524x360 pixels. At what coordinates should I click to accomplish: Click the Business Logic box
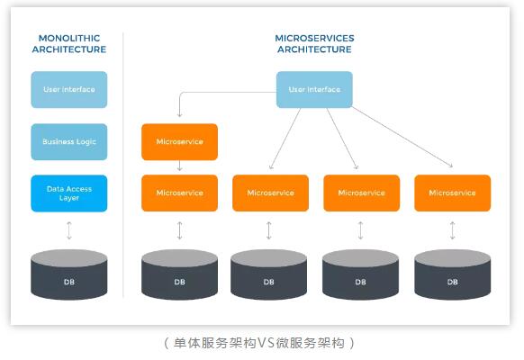[x=69, y=142]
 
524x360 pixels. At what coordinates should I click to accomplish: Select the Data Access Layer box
[x=69, y=193]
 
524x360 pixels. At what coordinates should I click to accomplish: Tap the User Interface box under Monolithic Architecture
[x=69, y=89]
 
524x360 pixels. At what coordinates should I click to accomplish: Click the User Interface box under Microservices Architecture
[x=314, y=89]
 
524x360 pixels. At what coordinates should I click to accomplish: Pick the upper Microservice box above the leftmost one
[x=180, y=142]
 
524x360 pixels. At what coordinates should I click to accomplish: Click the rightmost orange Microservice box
[x=453, y=193]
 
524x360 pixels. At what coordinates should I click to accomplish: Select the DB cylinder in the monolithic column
[x=69, y=274]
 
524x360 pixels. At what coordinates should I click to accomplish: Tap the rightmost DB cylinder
[x=453, y=274]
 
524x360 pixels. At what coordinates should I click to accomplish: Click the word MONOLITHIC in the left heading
[x=69, y=38]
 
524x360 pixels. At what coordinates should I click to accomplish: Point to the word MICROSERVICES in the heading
[x=314, y=38]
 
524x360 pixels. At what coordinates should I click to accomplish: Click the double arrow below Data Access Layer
[x=69, y=230]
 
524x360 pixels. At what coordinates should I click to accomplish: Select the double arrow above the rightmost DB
[x=453, y=230]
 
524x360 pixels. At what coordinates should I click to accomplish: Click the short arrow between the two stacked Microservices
[x=180, y=166]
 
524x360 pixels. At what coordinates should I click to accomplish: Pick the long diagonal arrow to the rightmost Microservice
[x=402, y=137]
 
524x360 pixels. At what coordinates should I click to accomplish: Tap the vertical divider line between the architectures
[x=123, y=165]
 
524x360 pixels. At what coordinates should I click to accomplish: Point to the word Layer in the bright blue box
[x=69, y=198]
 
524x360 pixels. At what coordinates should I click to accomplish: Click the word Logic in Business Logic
[x=86, y=142]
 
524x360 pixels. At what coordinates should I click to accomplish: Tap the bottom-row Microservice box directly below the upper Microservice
[x=180, y=193]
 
